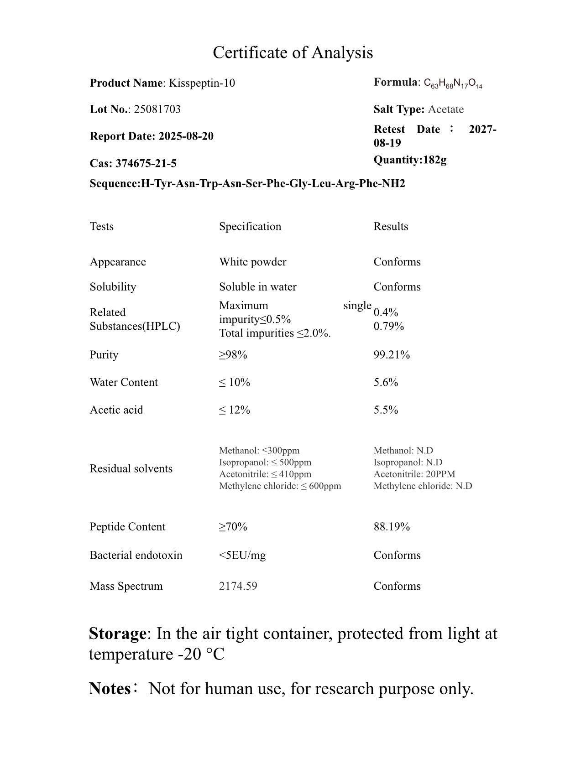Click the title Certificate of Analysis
click(x=293, y=52)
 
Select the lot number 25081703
click(x=157, y=109)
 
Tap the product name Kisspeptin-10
click(x=202, y=83)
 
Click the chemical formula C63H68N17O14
click(x=453, y=83)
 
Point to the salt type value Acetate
click(x=445, y=109)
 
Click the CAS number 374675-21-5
click(x=146, y=163)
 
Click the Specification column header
click(x=250, y=227)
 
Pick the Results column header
click(x=391, y=227)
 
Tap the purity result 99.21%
click(x=392, y=355)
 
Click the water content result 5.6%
click(x=386, y=382)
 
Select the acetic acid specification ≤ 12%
click(x=235, y=410)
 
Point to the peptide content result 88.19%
click(x=392, y=527)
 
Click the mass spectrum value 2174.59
click(x=238, y=586)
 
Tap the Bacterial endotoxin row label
click(x=136, y=555)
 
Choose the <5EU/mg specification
click(x=242, y=555)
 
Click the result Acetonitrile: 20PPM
click(x=414, y=474)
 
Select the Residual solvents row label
click(x=131, y=469)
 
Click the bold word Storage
click(x=117, y=634)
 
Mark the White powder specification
click(x=253, y=262)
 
